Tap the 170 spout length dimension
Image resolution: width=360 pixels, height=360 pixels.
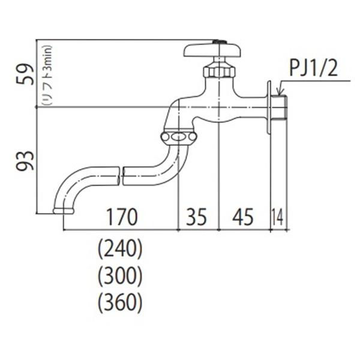pyautogui.click(x=122, y=217)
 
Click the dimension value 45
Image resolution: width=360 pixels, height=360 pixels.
pyautogui.click(x=242, y=217)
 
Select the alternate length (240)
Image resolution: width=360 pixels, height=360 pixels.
pyautogui.click(x=119, y=248)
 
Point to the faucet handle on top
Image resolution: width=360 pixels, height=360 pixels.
pyautogui.click(x=212, y=50)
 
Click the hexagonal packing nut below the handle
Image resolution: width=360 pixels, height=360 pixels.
pyautogui.click(x=218, y=70)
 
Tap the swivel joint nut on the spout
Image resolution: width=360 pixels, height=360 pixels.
pyautogui.click(x=178, y=138)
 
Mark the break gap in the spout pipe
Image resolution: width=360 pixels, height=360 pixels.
pyautogui.click(x=120, y=175)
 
